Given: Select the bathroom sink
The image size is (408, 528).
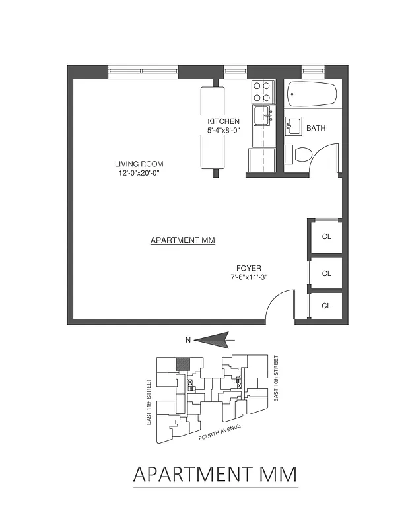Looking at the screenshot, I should click(x=293, y=125).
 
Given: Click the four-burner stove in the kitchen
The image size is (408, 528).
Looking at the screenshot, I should click(x=261, y=88).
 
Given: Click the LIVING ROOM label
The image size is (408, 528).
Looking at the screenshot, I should click(x=139, y=164).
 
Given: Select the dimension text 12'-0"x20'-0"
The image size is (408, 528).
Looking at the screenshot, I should click(x=139, y=173).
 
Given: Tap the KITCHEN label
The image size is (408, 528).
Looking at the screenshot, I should click(x=223, y=122).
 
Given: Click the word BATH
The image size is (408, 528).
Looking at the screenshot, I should click(x=316, y=129).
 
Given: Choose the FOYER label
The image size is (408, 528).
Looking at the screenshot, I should click(x=249, y=268).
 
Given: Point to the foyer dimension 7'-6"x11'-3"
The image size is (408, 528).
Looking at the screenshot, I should click(x=249, y=277).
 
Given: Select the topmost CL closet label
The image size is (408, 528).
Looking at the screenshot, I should click(x=326, y=236).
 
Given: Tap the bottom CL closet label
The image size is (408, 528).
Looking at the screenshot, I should click(x=326, y=306).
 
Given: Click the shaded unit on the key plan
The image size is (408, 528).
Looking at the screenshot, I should click(x=182, y=364).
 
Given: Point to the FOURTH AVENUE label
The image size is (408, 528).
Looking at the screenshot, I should click(x=220, y=432).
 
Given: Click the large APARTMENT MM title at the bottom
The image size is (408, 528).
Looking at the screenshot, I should click(x=215, y=474).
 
